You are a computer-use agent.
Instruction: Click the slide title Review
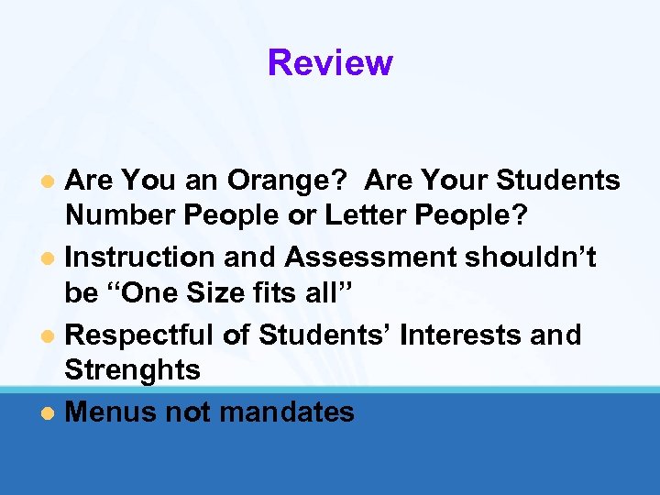pos(330,62)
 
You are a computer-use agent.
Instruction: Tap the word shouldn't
pos(531,258)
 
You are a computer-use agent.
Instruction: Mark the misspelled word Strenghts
pos(133,370)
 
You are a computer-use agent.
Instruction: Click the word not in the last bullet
pos(189,412)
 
